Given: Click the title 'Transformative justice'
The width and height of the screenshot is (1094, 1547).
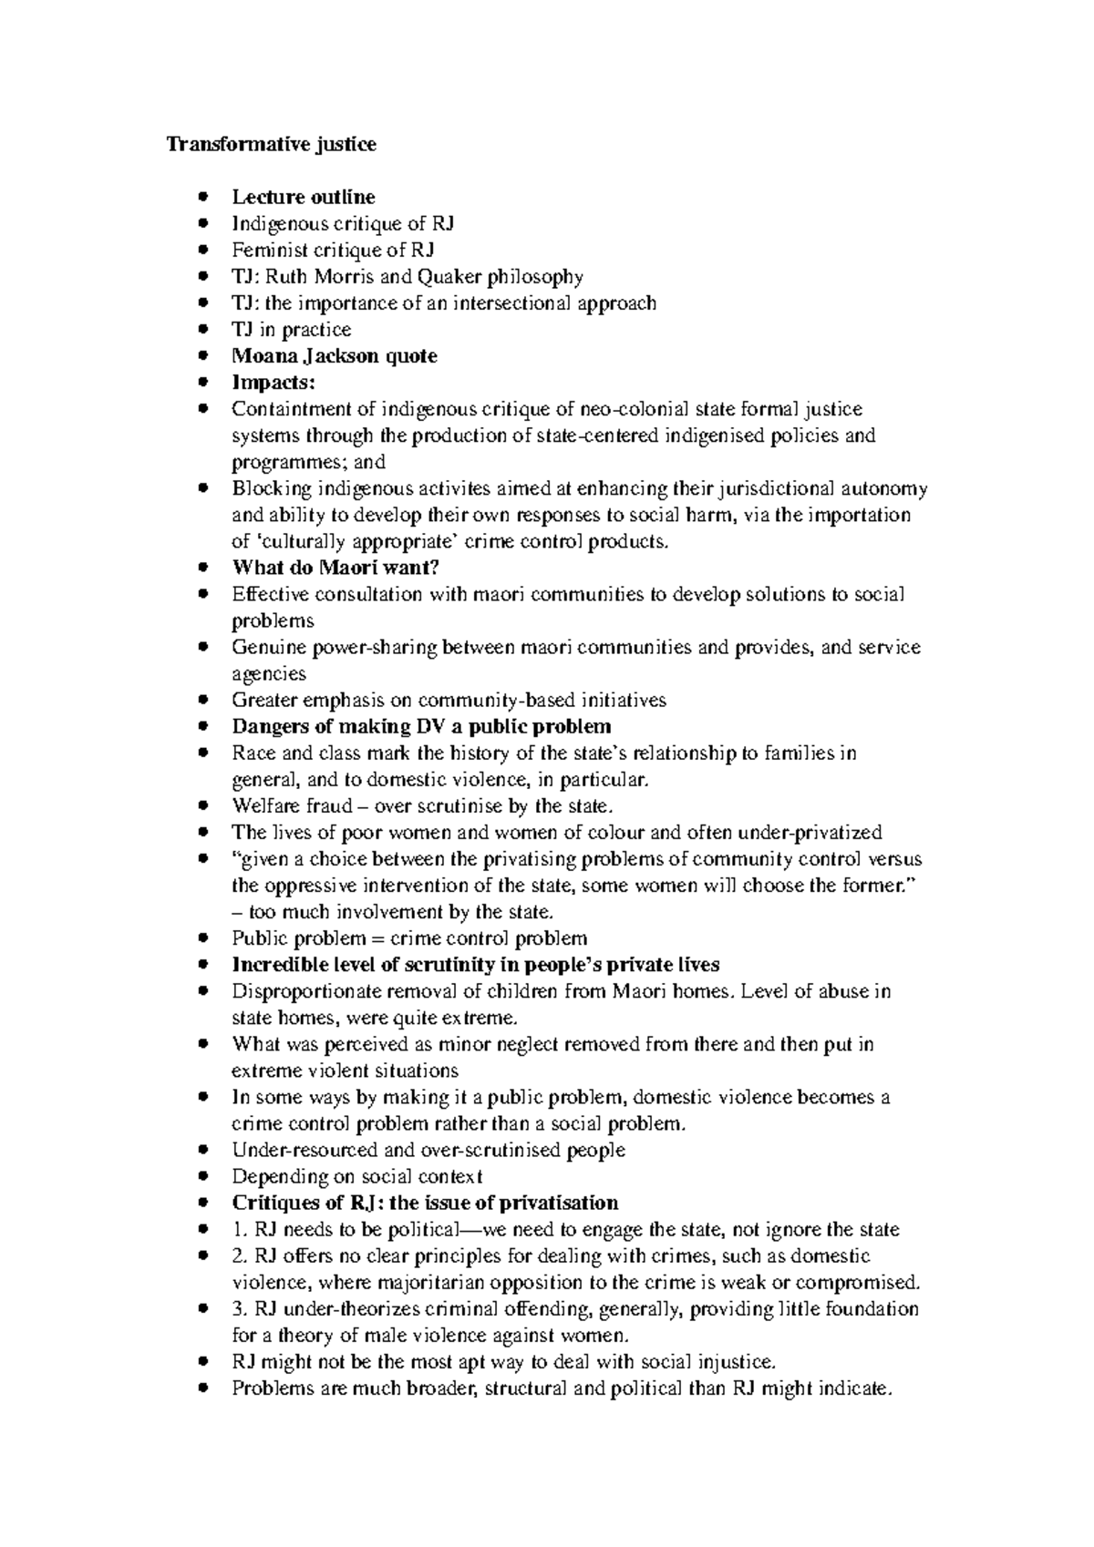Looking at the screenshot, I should point(271,145).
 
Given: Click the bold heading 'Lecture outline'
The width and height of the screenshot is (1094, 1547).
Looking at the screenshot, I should point(303,197).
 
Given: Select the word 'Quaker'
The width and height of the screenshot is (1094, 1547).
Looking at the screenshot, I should point(456,276).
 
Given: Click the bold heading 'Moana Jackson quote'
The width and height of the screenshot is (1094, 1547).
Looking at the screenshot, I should point(335,356).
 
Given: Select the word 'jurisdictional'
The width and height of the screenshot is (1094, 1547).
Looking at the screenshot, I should point(778,488).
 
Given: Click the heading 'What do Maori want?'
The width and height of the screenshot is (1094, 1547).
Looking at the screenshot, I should point(335,568).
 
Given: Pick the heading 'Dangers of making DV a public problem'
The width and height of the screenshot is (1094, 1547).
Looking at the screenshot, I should point(421,726).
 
